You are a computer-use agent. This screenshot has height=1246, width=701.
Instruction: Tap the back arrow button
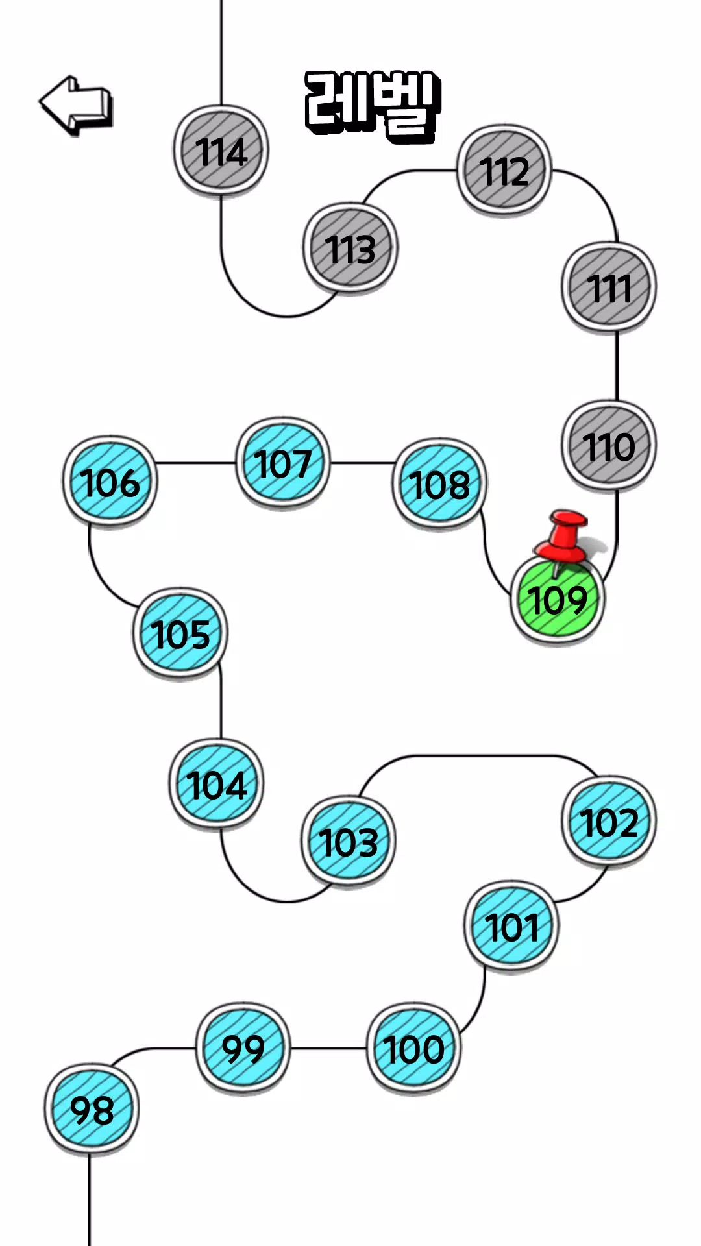[x=76, y=105]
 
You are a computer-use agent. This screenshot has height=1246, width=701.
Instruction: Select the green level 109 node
[x=558, y=600]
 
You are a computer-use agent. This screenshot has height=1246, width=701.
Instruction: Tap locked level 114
[x=221, y=151]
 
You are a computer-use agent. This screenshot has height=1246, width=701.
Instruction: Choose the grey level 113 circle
[x=350, y=248]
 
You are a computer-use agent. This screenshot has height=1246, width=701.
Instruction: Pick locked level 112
[x=504, y=170]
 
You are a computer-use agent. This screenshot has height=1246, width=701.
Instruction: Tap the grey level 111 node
[x=609, y=287]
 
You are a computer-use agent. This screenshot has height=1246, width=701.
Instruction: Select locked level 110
[x=609, y=446]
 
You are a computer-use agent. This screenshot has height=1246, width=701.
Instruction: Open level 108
[x=439, y=483]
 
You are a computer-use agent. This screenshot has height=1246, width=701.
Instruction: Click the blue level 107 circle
[x=283, y=463]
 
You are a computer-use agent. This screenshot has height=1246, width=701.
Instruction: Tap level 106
[x=110, y=482]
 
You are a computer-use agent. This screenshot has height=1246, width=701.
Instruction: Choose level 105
[x=180, y=633]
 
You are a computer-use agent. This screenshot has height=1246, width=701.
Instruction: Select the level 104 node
[x=217, y=783]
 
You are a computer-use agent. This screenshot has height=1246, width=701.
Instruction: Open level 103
[x=349, y=841]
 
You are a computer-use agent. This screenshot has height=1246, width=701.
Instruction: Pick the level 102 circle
[x=609, y=821]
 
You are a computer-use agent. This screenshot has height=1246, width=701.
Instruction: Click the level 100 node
[x=413, y=1048]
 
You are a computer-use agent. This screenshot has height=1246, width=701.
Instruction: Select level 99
[x=243, y=1047]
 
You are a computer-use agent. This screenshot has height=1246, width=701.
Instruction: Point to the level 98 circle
[x=92, y=1109]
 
